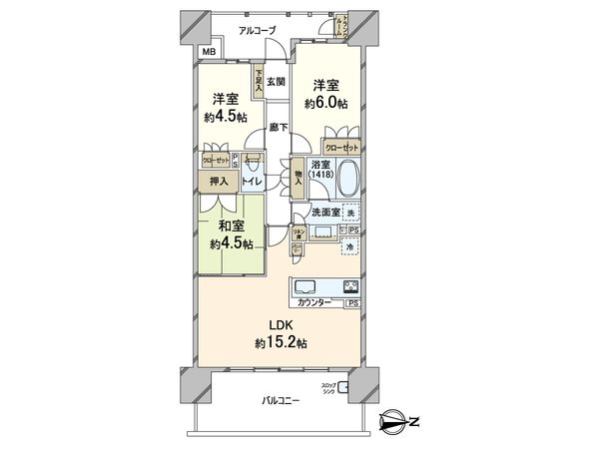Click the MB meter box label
click(x=210, y=52)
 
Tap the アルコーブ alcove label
click(x=257, y=31)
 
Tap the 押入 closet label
click(x=218, y=182)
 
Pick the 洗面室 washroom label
click(x=325, y=213)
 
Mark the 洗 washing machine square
click(x=351, y=212)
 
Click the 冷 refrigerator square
click(x=351, y=247)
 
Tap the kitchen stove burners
click(x=351, y=287)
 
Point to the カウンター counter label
click(x=314, y=302)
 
